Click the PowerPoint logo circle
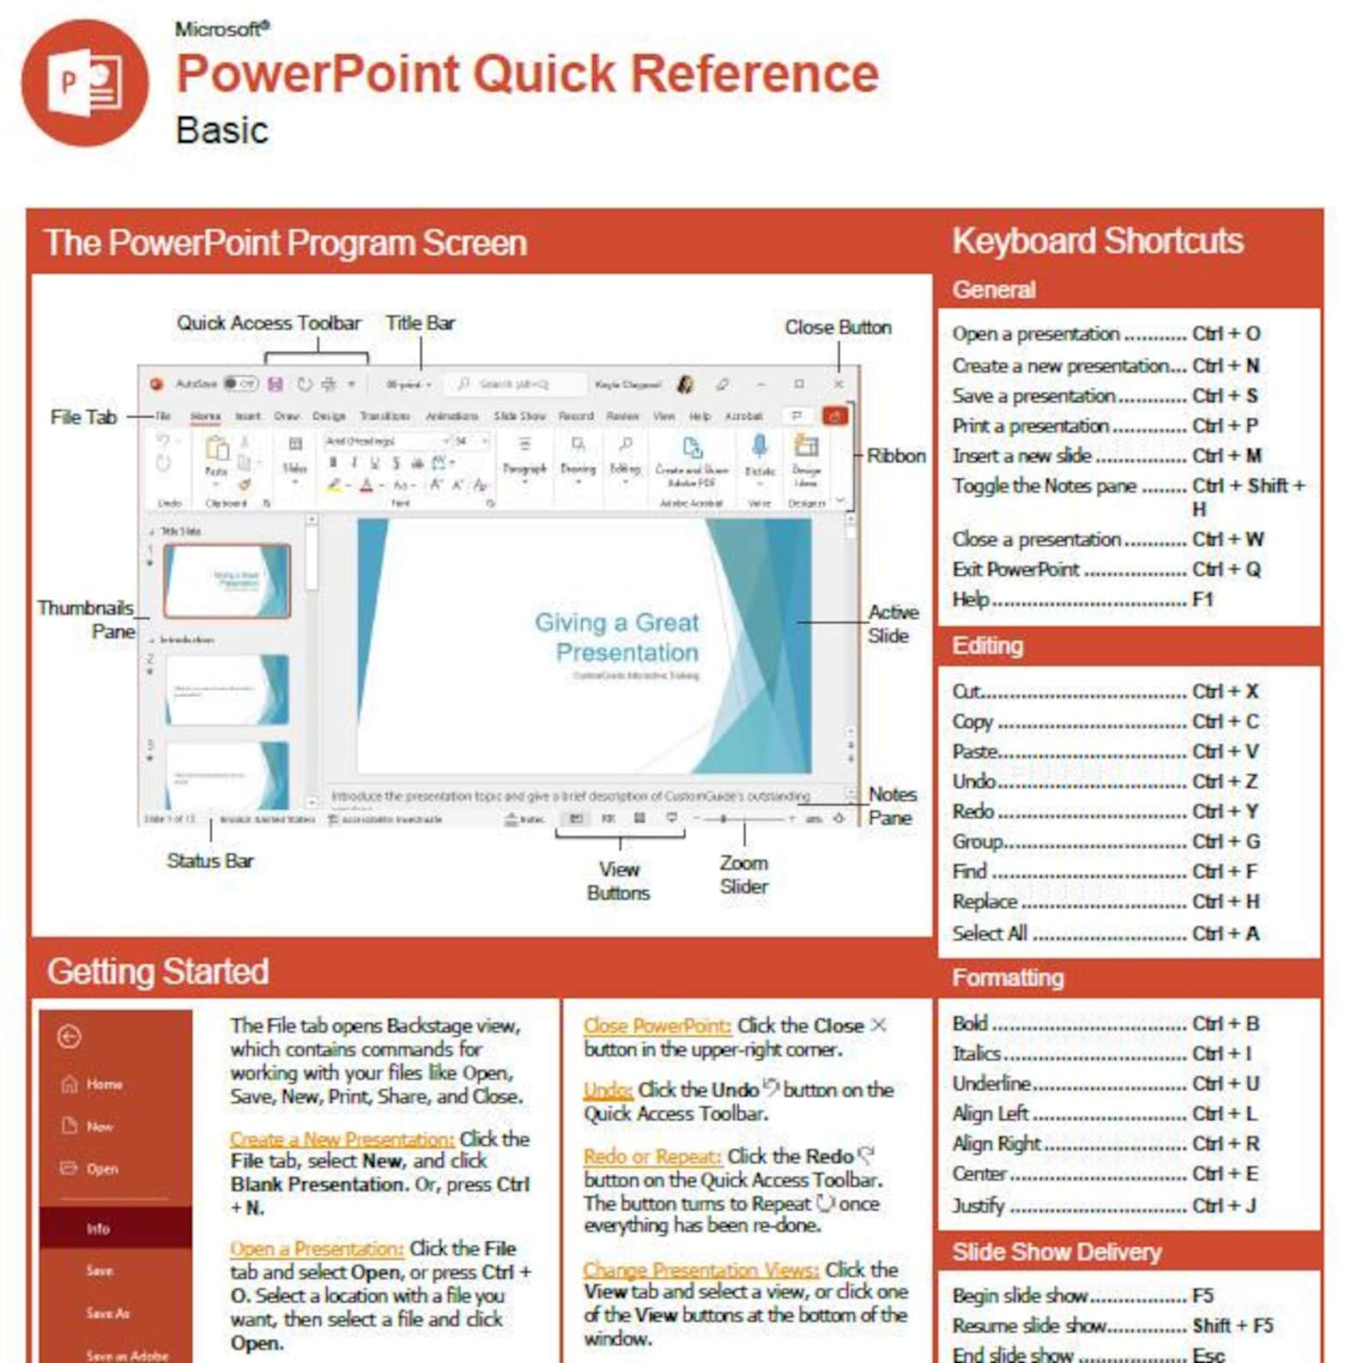click(x=85, y=83)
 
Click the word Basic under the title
click(x=221, y=130)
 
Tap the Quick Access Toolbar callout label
click(x=269, y=324)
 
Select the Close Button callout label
click(x=838, y=328)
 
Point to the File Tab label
click(x=83, y=417)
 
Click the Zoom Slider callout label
click(x=743, y=875)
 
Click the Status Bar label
click(x=210, y=861)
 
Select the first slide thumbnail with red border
click(x=227, y=581)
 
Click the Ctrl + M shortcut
click(x=1226, y=456)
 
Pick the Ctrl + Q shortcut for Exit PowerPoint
click(x=1226, y=570)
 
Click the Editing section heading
click(x=987, y=645)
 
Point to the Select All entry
click(x=990, y=933)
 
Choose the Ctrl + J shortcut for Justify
click(x=1224, y=1206)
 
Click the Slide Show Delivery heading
click(x=1056, y=1252)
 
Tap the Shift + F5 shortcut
click(x=1233, y=1325)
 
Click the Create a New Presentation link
click(x=342, y=1139)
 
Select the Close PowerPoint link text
click(x=657, y=1026)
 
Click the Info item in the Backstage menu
click(x=99, y=1229)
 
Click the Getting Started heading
click(x=158, y=972)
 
